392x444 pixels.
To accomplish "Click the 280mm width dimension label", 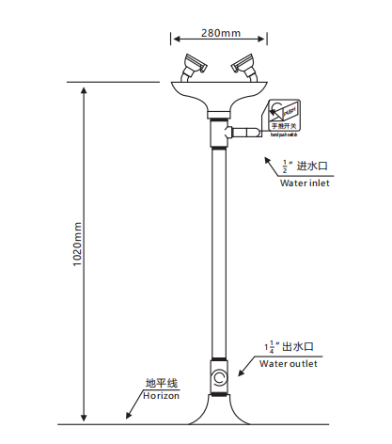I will tap(221, 34).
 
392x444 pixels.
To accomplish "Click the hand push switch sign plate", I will tap(282, 116).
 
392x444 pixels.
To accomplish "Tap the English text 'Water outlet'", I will tap(289, 363).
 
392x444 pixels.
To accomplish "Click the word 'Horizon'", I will tap(160, 396).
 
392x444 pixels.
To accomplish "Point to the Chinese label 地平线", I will tap(161, 384).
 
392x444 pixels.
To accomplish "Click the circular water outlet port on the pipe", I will tap(220, 380).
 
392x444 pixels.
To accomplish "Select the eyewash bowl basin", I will tap(220, 94).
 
